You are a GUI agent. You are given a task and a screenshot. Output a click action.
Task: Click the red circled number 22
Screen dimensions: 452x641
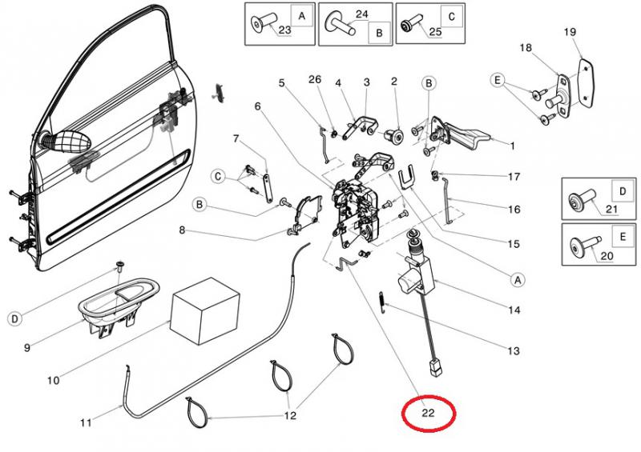click(429, 414)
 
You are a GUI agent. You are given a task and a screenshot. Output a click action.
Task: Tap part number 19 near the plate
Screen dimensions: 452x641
click(570, 32)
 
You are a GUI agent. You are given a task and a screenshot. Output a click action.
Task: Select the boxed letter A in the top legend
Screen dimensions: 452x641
click(301, 16)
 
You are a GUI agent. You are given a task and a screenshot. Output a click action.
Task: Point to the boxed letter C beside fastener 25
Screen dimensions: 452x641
click(452, 16)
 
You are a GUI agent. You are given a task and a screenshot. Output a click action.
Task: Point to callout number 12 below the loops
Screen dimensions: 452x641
click(290, 415)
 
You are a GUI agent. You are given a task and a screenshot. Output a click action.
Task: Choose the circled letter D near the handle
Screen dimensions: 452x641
click(14, 319)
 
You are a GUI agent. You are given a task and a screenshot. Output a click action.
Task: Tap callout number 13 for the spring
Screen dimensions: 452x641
click(514, 350)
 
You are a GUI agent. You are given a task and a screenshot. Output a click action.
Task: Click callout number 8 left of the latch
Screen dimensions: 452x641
click(182, 231)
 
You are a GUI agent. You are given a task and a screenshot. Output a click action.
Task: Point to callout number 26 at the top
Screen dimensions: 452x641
click(314, 79)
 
